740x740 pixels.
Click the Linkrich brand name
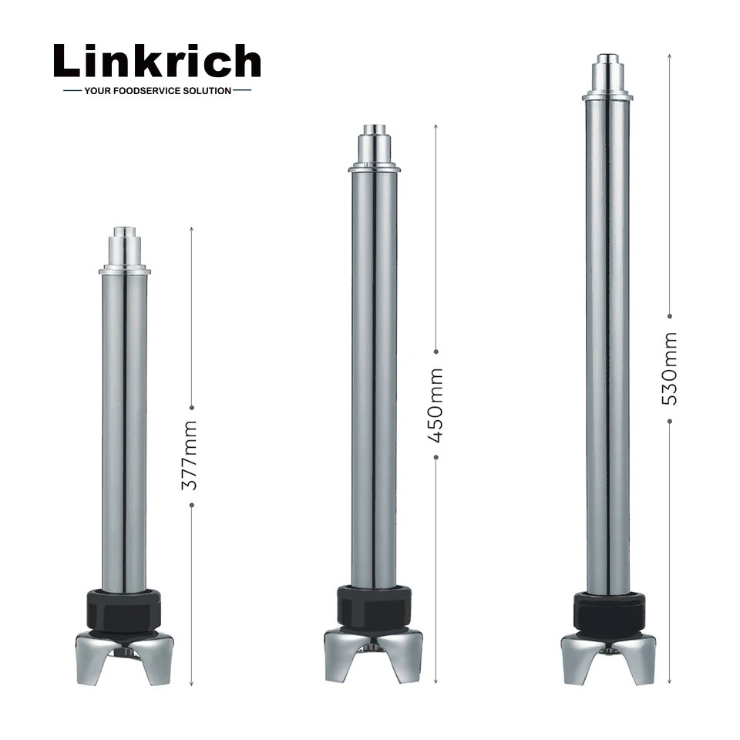(157, 61)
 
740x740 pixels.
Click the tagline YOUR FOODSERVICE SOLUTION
(157, 91)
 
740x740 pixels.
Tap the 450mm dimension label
(436, 404)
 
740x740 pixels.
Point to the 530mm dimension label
(670, 368)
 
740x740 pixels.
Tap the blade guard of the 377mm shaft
(123, 655)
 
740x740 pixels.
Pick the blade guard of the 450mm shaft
(374, 652)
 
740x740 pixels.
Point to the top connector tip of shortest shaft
(124, 231)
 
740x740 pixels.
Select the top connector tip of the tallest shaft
(607, 58)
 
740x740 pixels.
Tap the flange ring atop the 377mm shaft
(124, 270)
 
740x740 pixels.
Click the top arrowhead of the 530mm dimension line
(670, 56)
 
